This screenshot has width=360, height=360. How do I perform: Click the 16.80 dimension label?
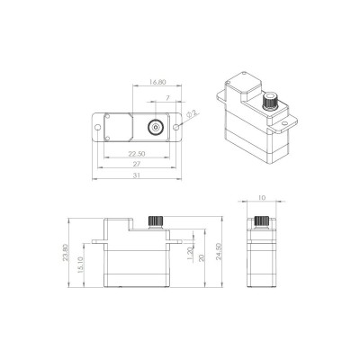[x=158, y=86]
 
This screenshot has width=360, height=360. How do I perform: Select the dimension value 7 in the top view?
[x=167, y=105]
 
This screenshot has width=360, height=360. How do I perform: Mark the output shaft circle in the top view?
[x=156, y=127]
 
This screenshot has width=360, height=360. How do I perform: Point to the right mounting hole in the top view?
[x=181, y=127]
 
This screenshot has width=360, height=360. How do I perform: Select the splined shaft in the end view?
[x=262, y=222]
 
